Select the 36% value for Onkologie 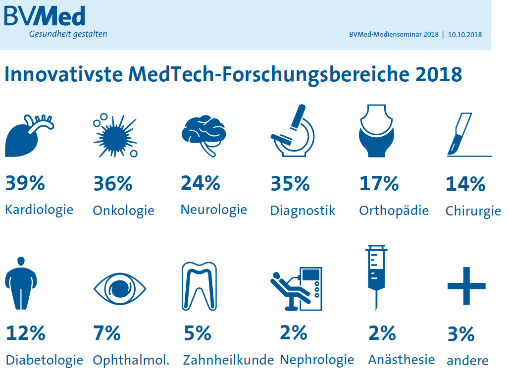pyautogui.click(x=113, y=184)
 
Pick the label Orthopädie pyautogui.click(x=394, y=210)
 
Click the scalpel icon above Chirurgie pyautogui.click(x=463, y=135)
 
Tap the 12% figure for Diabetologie pyautogui.click(x=25, y=333)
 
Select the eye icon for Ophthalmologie pyautogui.click(x=120, y=287)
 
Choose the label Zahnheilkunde pyautogui.click(x=228, y=360)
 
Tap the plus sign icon pyautogui.click(x=466, y=286)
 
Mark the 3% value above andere pyautogui.click(x=460, y=335)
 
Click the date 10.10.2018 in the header pyautogui.click(x=465, y=35)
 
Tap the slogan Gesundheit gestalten pyautogui.click(x=68, y=34)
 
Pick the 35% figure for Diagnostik pyautogui.click(x=290, y=184)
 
